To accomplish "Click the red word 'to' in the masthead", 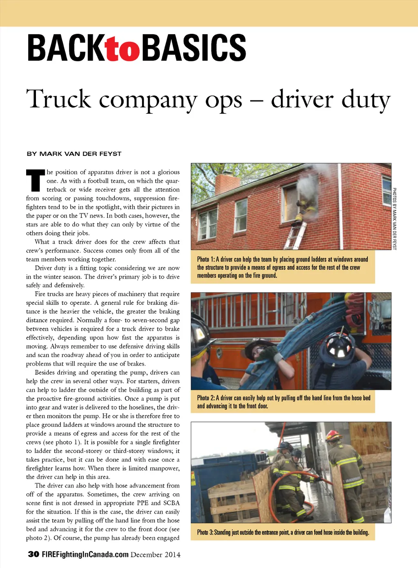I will [122, 49].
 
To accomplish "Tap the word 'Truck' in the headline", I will [58, 99].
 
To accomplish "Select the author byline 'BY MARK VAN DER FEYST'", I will [74, 154].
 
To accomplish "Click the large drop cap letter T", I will [36, 180].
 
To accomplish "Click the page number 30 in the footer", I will [33, 554].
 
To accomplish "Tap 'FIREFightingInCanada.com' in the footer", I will [85, 555].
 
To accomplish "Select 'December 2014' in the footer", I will [156, 555].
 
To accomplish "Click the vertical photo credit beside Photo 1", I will [394, 218].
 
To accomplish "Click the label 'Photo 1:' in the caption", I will [206, 260].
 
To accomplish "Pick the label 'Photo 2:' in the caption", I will [206, 398].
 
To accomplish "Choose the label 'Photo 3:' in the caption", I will [205, 532].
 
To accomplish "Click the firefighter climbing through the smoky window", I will [306, 204].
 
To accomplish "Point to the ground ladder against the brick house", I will [296, 235].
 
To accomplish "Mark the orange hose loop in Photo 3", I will [286, 494].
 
